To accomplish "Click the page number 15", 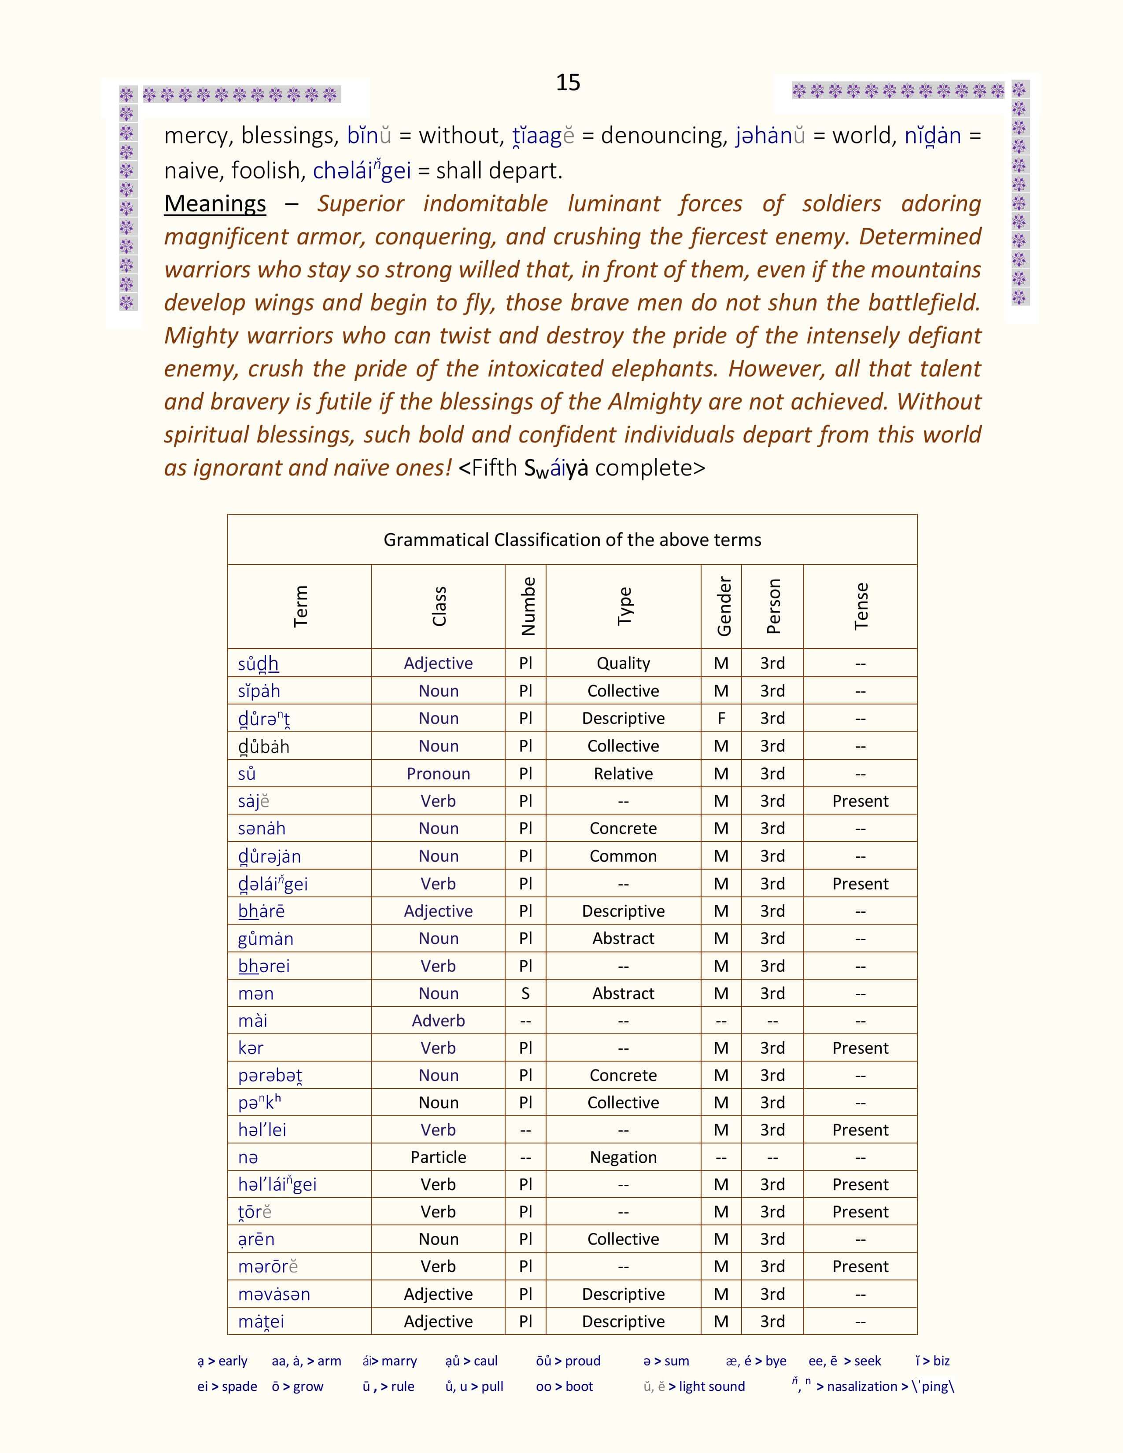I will [568, 82].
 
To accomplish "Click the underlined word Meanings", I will [215, 203].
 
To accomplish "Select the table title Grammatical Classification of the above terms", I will [572, 539].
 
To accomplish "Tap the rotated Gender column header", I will [723, 606].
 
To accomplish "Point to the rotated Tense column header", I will [861, 606].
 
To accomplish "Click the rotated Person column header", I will [772, 606].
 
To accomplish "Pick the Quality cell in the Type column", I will [623, 663].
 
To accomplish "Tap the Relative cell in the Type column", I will [623, 774].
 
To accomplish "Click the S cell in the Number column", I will [525, 993].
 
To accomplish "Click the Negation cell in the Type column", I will [623, 1158].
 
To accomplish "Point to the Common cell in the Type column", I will [623, 856].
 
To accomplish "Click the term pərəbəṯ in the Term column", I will [270, 1076].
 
